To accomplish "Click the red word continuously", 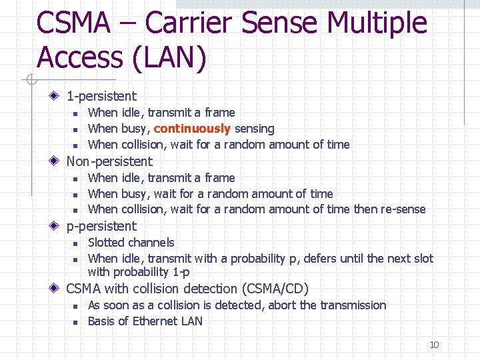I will click(x=192, y=129).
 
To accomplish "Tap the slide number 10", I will click(x=434, y=345).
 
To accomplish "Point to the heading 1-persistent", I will click(x=101, y=96).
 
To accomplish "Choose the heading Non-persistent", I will click(x=109, y=161).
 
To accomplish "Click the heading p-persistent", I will click(x=101, y=226).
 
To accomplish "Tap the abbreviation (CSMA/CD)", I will click(x=275, y=289).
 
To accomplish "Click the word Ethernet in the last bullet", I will click(x=151, y=321).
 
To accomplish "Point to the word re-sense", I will click(x=403, y=209).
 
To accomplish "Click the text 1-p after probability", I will click(x=180, y=272).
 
